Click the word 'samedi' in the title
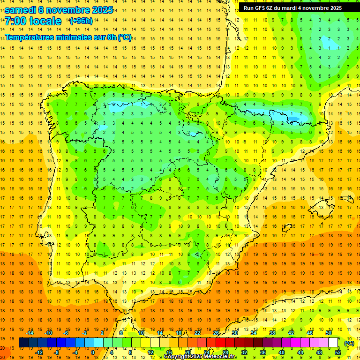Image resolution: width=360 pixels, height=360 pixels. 21,10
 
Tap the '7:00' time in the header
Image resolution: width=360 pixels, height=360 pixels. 15,21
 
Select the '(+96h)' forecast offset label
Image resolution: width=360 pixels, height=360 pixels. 81,21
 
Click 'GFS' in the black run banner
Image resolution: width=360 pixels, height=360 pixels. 262,8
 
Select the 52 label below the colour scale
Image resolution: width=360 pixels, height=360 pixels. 338,352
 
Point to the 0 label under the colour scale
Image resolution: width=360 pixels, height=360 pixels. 93,352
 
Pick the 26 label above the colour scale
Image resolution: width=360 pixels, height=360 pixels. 216,333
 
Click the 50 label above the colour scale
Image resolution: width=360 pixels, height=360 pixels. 329,333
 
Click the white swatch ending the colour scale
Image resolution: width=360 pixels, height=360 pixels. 333,343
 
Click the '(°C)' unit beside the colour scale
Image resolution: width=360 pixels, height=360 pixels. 349,343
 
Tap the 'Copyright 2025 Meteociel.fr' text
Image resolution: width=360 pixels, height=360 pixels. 200,357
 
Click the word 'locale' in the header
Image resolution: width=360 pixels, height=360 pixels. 45,21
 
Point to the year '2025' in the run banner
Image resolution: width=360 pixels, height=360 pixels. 335,8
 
